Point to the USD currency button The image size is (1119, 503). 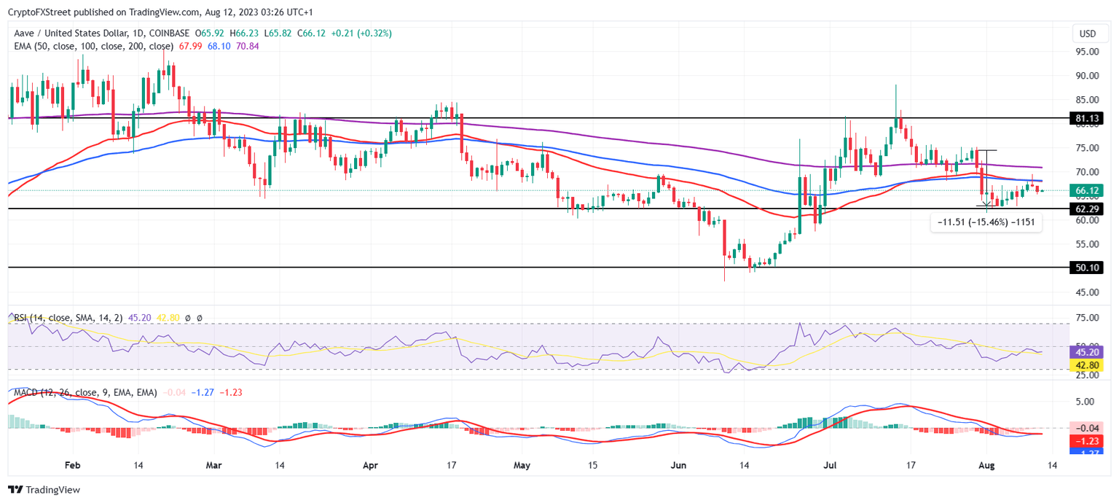[1087, 34]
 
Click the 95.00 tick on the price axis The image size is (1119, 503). [1087, 52]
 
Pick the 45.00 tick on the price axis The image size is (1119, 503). [1087, 292]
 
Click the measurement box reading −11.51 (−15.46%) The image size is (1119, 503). [986, 222]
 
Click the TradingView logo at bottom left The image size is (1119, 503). [44, 490]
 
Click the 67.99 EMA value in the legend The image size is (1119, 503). [191, 46]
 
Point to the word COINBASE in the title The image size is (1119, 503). [170, 34]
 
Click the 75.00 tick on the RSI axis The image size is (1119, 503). [1087, 318]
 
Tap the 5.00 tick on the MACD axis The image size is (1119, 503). [1087, 402]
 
